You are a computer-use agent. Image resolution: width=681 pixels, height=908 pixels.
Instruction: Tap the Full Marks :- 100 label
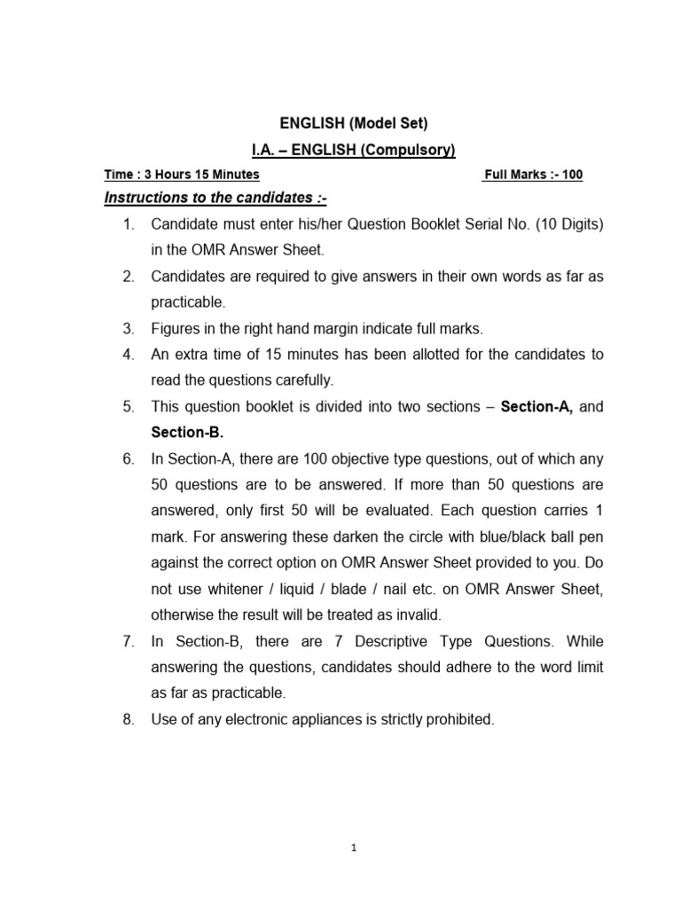tap(532, 175)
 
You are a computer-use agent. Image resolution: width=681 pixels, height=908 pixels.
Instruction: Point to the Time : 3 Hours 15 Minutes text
tap(182, 175)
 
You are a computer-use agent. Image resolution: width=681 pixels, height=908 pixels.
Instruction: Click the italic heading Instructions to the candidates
tap(209, 198)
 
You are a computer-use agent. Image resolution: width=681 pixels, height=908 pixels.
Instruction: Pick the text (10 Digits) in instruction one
tap(565, 225)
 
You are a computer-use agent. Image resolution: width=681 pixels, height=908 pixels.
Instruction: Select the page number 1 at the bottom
tap(353, 847)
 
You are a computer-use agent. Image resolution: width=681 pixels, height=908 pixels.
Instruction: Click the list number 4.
tap(129, 355)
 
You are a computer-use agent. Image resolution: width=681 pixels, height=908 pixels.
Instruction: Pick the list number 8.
tap(129, 720)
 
